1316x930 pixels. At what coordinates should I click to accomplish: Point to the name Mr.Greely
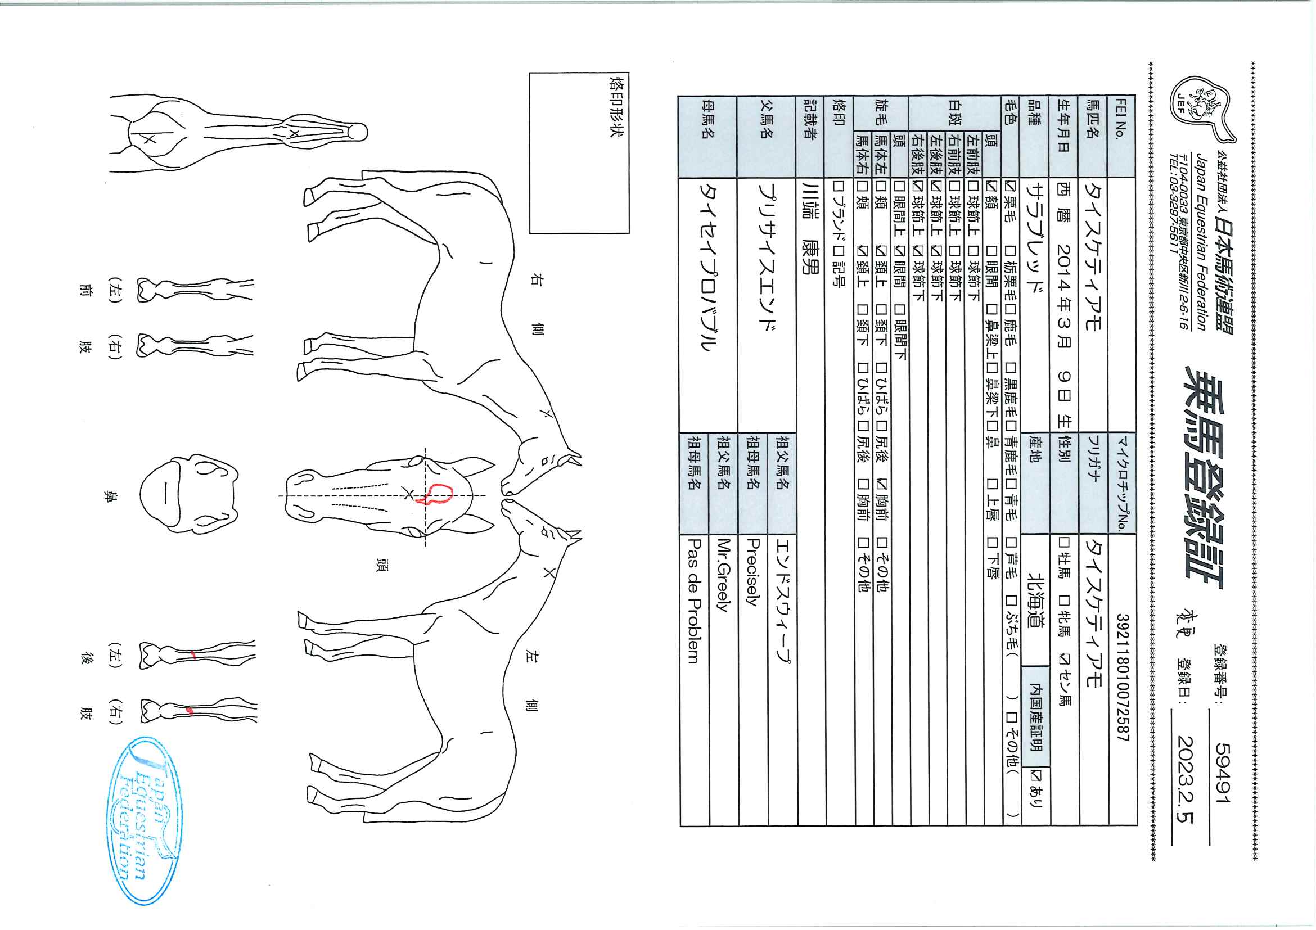(x=723, y=576)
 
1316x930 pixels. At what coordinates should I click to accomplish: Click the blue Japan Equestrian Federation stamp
(x=145, y=820)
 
